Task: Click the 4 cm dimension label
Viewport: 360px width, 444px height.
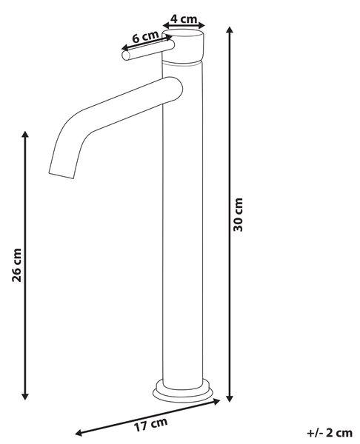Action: point(184,19)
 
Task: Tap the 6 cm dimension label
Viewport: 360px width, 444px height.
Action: point(145,37)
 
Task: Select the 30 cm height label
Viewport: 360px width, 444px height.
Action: point(238,215)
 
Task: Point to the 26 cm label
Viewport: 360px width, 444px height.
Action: point(17,265)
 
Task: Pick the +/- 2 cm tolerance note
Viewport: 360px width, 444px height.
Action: point(330,433)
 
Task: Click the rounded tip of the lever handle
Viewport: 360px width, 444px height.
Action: point(126,55)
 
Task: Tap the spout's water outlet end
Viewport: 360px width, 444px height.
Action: point(61,175)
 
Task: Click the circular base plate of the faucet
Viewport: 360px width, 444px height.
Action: point(183,391)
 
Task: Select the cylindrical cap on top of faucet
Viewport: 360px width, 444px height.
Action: point(183,46)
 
